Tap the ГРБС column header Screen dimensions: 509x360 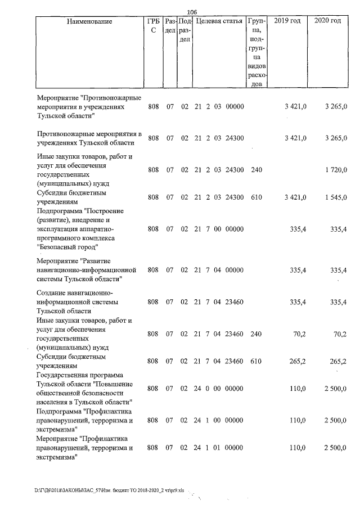pos(153,26)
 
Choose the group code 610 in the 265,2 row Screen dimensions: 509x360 pos(256,361)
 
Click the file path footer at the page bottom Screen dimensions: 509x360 pos(112,490)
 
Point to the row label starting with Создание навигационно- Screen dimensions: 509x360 pos(75,293)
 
